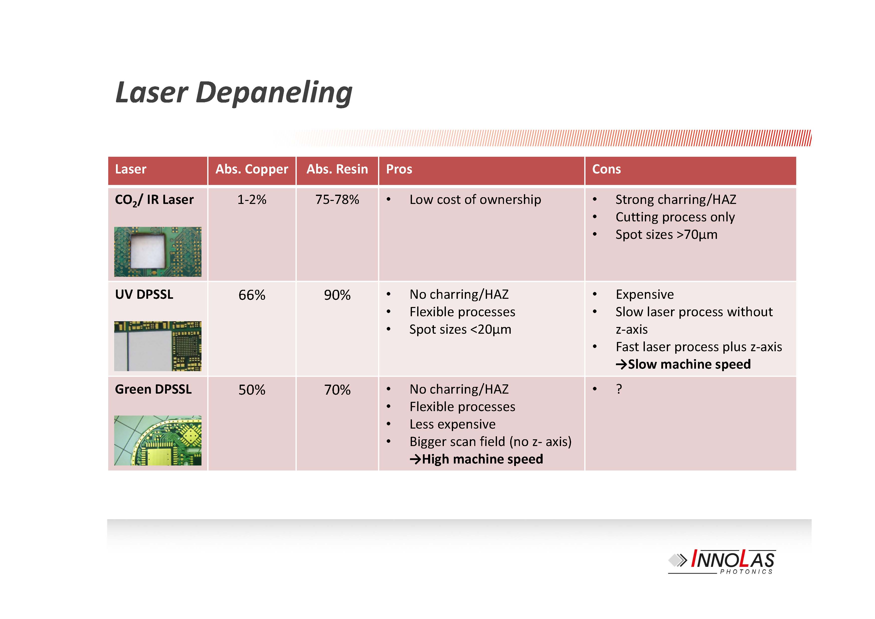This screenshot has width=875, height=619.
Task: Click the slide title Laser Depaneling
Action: (x=234, y=93)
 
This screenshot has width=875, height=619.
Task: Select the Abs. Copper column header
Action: (x=252, y=169)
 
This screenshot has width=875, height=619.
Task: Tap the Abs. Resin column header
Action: (x=337, y=169)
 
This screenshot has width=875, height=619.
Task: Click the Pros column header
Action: (x=399, y=169)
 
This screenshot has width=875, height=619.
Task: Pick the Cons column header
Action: (x=606, y=169)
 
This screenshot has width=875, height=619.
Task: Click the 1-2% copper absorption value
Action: (x=252, y=199)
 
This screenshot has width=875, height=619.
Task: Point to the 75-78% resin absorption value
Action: (x=337, y=199)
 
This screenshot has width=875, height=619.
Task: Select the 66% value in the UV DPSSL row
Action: (x=252, y=295)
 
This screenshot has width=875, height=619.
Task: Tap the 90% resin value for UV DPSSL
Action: (x=337, y=295)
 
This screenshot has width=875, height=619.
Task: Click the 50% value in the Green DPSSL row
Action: (x=252, y=390)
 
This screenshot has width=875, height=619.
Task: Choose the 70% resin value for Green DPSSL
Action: (x=337, y=390)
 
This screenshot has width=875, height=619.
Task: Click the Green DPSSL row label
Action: (x=153, y=389)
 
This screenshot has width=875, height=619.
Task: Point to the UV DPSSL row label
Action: (x=144, y=294)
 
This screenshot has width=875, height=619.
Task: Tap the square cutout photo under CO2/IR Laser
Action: (x=158, y=252)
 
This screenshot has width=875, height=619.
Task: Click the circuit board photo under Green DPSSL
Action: (x=158, y=441)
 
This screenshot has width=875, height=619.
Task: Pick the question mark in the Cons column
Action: (x=619, y=389)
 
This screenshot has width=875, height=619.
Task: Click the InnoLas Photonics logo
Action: (x=722, y=561)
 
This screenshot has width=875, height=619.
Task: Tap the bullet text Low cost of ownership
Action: (x=475, y=199)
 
